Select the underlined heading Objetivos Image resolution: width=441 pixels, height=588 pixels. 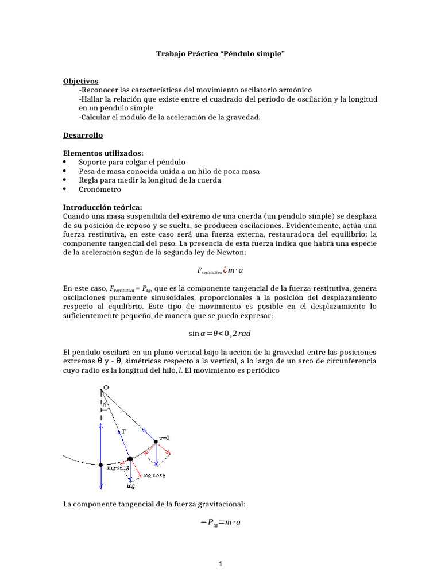(80, 81)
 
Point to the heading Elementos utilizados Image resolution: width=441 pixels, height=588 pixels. (103, 153)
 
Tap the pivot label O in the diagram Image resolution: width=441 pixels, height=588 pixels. (106, 389)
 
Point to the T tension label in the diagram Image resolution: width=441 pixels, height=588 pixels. (123, 430)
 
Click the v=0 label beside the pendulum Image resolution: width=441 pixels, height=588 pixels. (164, 438)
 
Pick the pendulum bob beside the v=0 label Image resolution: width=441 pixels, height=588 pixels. (156, 442)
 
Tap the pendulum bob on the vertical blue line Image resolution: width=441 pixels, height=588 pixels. (101, 465)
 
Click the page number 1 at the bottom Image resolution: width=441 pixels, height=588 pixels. (220, 564)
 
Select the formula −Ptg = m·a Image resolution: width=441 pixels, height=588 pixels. (220, 523)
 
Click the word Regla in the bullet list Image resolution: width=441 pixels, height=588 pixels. (89, 180)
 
